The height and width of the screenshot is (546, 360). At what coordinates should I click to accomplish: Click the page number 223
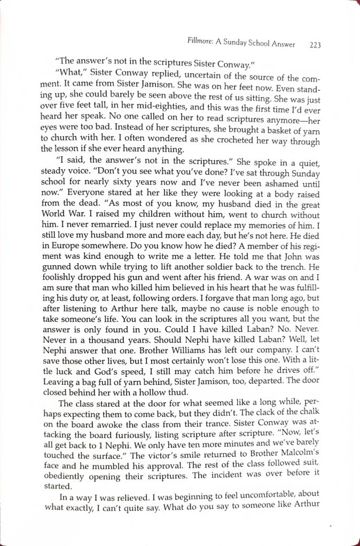315,45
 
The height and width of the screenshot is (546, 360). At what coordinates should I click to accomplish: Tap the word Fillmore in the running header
201,42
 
